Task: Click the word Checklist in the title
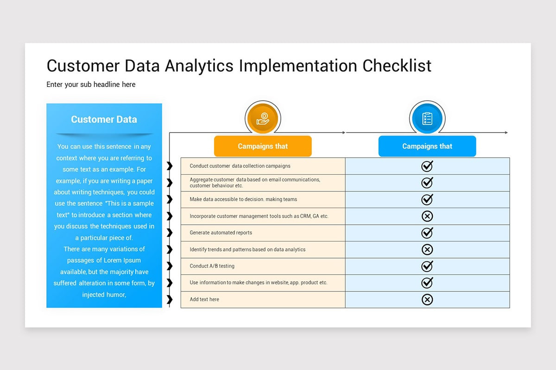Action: pyautogui.click(x=397, y=66)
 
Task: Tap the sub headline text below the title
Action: pyautogui.click(x=91, y=84)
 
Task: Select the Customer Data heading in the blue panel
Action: pyautogui.click(x=104, y=119)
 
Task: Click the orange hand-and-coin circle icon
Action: pyautogui.click(x=263, y=118)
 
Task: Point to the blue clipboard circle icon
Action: pyautogui.click(x=427, y=118)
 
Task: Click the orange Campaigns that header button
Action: pyautogui.click(x=263, y=146)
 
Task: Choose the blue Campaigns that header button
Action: pyautogui.click(x=427, y=146)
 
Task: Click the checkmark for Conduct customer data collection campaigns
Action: pyautogui.click(x=427, y=166)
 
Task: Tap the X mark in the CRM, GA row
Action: pyautogui.click(x=427, y=216)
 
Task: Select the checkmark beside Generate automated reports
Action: pyautogui.click(x=427, y=233)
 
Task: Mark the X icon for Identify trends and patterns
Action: pyautogui.click(x=427, y=250)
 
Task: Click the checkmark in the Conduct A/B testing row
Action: pyautogui.click(x=427, y=266)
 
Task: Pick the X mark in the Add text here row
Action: pyautogui.click(x=427, y=300)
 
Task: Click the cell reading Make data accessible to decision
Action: pyautogui.click(x=243, y=199)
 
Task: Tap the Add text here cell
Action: pyautogui.click(x=204, y=299)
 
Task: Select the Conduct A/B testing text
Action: pyautogui.click(x=212, y=266)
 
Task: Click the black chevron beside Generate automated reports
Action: pyautogui.click(x=170, y=233)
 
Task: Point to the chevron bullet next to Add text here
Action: pyautogui.click(x=170, y=299)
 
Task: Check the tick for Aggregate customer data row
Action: pyautogui.click(x=427, y=183)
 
